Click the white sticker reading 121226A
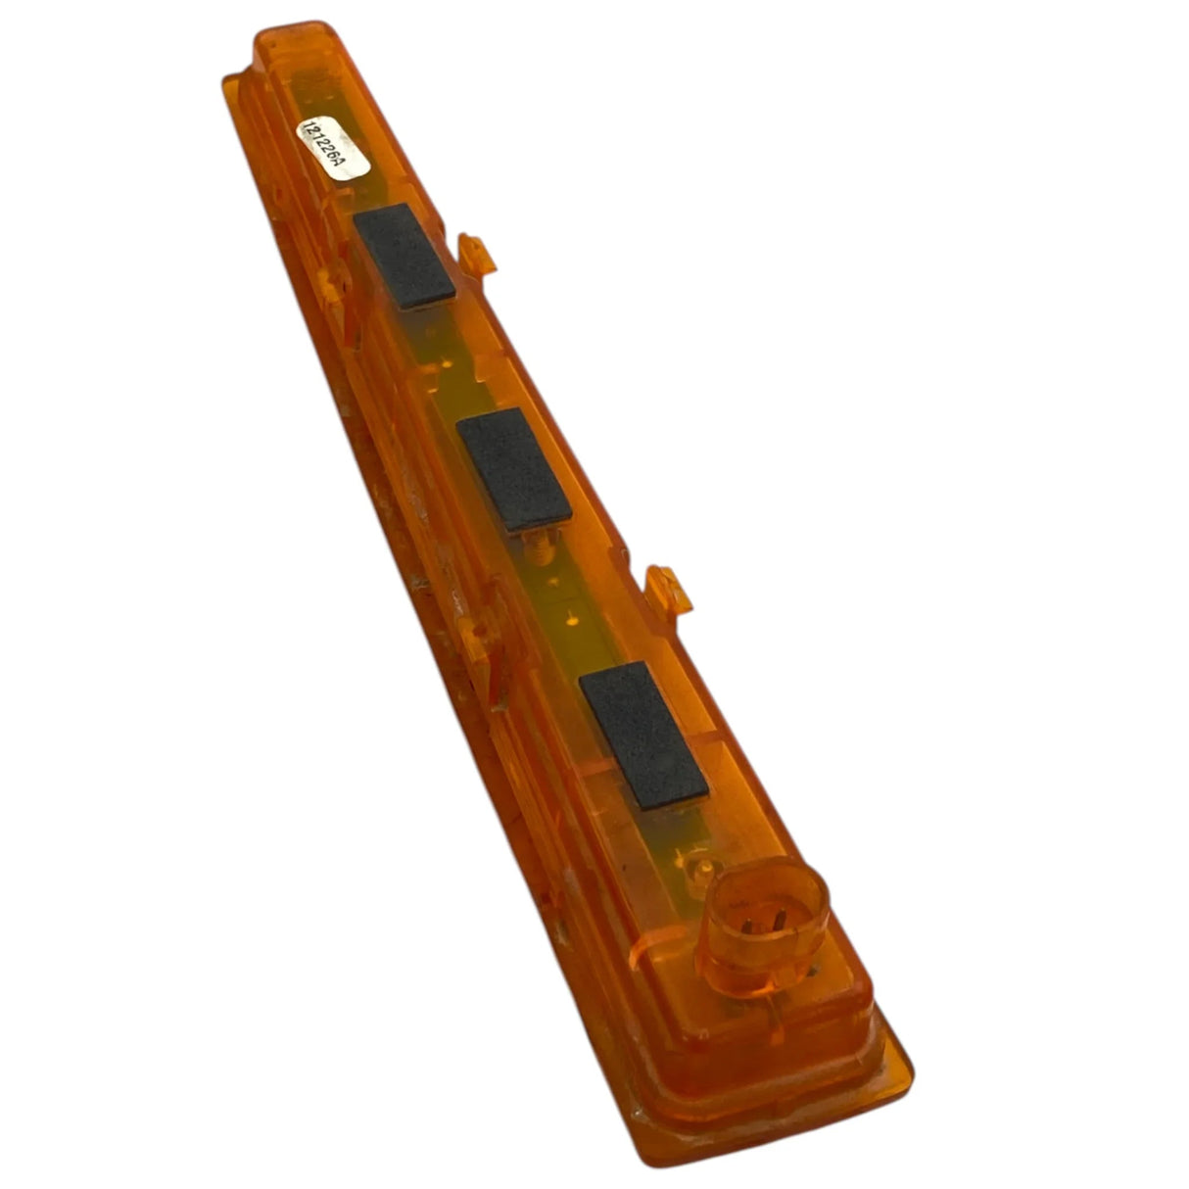(333, 148)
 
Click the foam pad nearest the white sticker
(404, 256)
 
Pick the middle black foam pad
(514, 469)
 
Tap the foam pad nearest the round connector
(643, 735)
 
